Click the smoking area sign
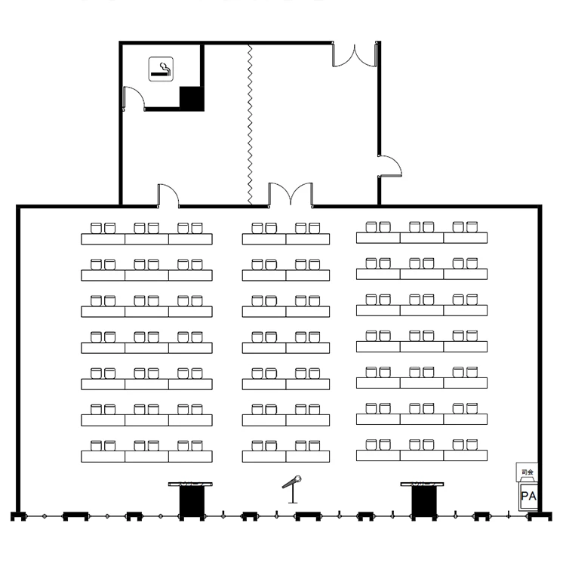pyautogui.click(x=161, y=69)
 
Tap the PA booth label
pyautogui.click(x=528, y=496)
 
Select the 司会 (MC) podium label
pyautogui.click(x=528, y=472)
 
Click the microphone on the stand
pyautogui.click(x=292, y=489)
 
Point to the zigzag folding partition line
pyautogui.click(x=250, y=125)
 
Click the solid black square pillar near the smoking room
pyautogui.click(x=192, y=99)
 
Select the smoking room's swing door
pyautogui.click(x=134, y=98)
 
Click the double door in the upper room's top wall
pyautogui.click(x=355, y=55)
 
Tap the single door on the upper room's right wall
pyautogui.click(x=390, y=167)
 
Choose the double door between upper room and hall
pyautogui.click(x=291, y=194)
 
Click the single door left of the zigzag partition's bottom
pyautogui.click(x=168, y=195)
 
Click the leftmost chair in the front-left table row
pyautogui.click(x=96, y=446)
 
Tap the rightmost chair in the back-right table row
pyautogui.click(x=472, y=227)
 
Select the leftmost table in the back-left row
pyautogui.click(x=103, y=239)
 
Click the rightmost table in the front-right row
pyautogui.click(x=466, y=456)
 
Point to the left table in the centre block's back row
pyautogui.click(x=264, y=239)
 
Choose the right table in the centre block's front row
pyautogui.click(x=308, y=457)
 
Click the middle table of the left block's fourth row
pyautogui.click(x=146, y=348)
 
